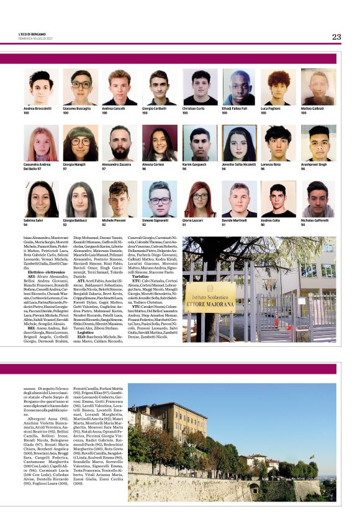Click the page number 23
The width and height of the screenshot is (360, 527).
336,37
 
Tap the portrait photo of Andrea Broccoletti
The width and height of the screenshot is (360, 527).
42,87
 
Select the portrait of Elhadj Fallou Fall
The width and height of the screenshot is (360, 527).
239,87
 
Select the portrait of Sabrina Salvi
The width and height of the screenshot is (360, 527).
42,199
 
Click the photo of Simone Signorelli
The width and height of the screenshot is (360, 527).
160,199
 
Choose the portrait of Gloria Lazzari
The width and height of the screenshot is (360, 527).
199,199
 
